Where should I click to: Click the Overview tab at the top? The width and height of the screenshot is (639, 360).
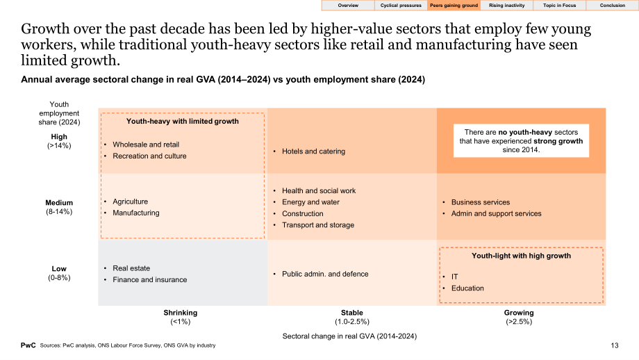[348, 6]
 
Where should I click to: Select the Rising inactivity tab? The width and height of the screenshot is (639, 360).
[506, 6]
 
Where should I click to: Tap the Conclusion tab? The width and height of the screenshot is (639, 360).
[612, 6]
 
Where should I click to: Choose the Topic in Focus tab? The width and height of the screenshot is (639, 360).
[559, 6]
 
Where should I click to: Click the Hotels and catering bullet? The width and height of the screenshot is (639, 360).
[313, 152]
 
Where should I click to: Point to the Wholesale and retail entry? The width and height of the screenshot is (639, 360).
[146, 145]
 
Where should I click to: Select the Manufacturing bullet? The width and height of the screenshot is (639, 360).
[136, 213]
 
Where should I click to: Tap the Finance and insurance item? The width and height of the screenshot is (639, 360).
[150, 279]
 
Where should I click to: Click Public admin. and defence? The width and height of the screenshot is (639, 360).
[325, 274]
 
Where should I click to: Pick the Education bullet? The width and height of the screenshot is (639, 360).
[467, 288]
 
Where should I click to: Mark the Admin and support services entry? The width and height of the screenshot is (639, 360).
[497, 213]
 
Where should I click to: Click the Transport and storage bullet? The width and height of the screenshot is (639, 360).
[318, 225]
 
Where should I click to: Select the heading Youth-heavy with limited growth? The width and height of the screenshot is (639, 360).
[183, 121]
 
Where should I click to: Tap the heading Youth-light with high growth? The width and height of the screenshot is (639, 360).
[521, 256]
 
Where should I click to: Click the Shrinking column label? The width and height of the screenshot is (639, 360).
[181, 313]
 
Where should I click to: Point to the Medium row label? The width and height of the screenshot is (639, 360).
[59, 203]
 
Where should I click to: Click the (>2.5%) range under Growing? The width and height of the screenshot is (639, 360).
[519, 322]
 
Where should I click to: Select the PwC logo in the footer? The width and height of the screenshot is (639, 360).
[28, 345]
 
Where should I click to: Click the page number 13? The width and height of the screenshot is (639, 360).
[615, 345]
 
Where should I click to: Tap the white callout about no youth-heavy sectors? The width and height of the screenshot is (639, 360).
[521, 140]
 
